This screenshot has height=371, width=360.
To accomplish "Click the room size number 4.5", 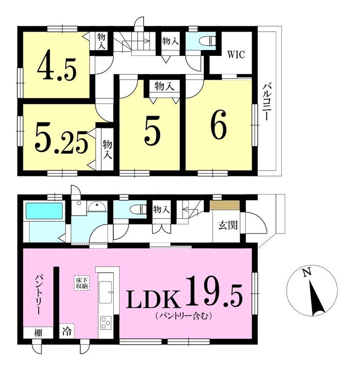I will pos(57,69).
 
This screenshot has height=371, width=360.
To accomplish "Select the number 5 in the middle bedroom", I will pos(151,130).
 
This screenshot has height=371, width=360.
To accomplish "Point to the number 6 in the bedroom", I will pos(218,127).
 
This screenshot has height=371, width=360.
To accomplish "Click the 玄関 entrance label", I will pos(228,226).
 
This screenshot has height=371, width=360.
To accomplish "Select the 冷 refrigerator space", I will pos(66,332).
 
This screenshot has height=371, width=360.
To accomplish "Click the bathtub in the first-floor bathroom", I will pos(44,212).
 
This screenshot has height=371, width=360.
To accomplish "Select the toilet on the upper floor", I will pos(207,41).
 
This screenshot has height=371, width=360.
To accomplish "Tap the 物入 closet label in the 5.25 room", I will pos(107,149).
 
